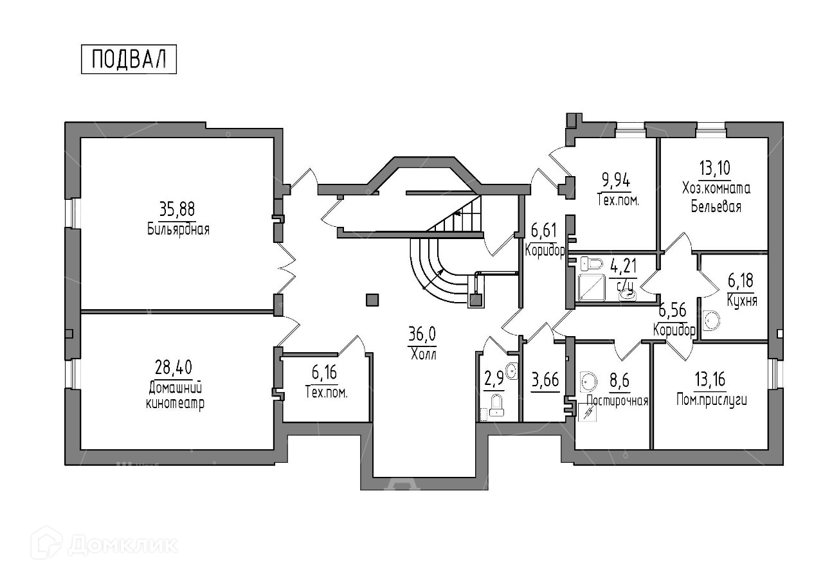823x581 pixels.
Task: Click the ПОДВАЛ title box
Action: click(129, 59)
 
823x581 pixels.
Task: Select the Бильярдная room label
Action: click(178, 229)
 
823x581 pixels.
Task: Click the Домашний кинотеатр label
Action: click(176, 396)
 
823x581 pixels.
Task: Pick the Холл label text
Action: click(422, 353)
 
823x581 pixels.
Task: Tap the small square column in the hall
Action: click(372, 299)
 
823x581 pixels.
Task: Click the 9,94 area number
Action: click(615, 179)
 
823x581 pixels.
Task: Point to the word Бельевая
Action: click(716, 206)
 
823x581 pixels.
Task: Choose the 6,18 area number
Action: click(741, 281)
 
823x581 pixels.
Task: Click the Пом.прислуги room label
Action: click(712, 400)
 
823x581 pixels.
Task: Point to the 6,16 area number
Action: click(324, 372)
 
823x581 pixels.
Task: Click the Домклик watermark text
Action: click(122, 545)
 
